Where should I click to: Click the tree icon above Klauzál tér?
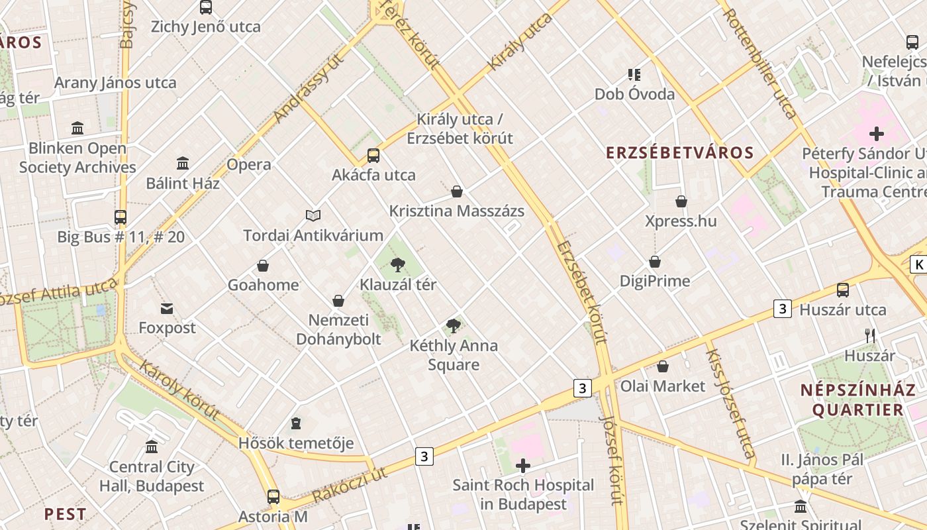tap(398, 265)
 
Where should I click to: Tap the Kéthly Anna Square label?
tap(454, 355)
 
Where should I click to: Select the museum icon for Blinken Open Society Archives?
tap(77, 128)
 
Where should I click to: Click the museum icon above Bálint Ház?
tap(183, 163)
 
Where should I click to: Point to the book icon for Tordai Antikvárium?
tap(313, 215)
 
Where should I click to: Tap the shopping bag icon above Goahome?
tap(263, 266)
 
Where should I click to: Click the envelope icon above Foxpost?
tap(167, 308)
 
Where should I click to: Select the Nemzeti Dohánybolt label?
tap(338, 330)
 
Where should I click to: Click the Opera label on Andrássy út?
tap(249, 164)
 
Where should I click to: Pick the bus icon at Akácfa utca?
tap(373, 156)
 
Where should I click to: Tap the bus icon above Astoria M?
tap(273, 496)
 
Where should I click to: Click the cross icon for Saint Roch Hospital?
tap(523, 466)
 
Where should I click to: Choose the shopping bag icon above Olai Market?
tap(663, 366)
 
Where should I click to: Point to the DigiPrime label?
tap(655, 281)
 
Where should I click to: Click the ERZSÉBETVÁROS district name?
tap(671, 153)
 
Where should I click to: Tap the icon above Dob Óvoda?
tap(634, 74)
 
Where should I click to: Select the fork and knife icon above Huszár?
tap(870, 336)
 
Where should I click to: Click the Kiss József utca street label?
tap(730, 403)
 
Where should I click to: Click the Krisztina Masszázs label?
tap(457, 211)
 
